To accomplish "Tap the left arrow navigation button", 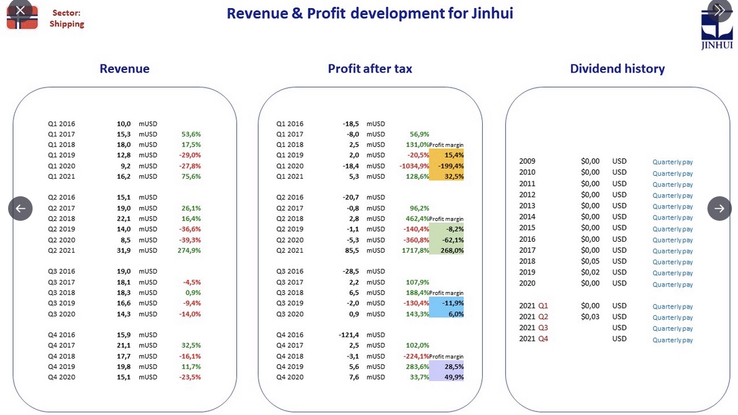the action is pyautogui.click(x=20, y=209).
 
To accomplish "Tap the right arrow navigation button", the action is pyautogui.click(x=720, y=209).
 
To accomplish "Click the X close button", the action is pyautogui.click(x=20, y=10).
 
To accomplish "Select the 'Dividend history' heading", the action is pyautogui.click(x=617, y=69).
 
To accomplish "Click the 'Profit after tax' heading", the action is pyautogui.click(x=370, y=69).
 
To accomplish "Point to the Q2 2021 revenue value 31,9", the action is pyautogui.click(x=124, y=251).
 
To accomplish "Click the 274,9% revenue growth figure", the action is pyautogui.click(x=189, y=251).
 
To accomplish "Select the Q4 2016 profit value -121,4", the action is pyautogui.click(x=349, y=335).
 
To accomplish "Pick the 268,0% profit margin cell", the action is pyautogui.click(x=447, y=251).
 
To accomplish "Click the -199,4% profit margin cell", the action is pyautogui.click(x=447, y=166).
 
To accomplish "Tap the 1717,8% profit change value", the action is pyautogui.click(x=415, y=251).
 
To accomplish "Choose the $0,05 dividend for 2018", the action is pyautogui.click(x=590, y=261).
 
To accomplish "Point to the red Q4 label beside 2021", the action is pyautogui.click(x=543, y=339).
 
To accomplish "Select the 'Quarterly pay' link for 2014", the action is pyautogui.click(x=673, y=217).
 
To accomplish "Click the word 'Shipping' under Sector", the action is pyautogui.click(x=67, y=24).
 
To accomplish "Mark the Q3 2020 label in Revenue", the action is pyautogui.click(x=62, y=314).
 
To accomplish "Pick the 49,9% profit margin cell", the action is pyautogui.click(x=447, y=377).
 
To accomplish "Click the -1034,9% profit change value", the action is pyautogui.click(x=414, y=166).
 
